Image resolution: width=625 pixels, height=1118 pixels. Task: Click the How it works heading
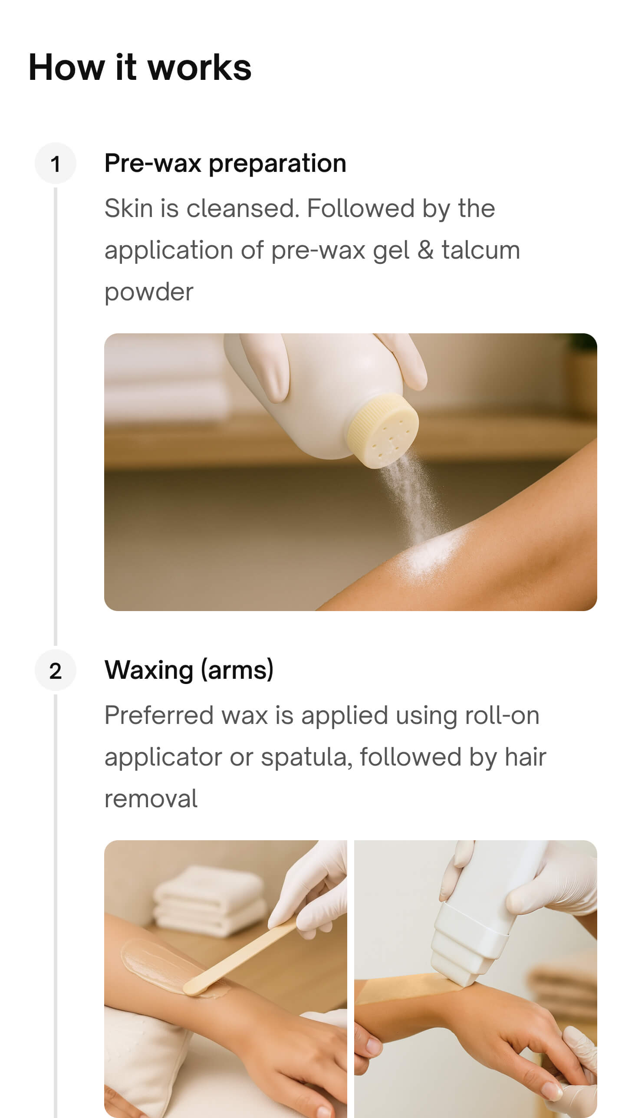(140, 68)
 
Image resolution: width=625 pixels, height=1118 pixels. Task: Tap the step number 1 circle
(55, 164)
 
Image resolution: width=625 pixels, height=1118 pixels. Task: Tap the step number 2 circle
(55, 671)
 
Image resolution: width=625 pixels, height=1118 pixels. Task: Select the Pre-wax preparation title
(225, 163)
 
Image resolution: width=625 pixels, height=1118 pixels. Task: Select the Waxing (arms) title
(189, 670)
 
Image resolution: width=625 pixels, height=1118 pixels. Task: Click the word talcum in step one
(480, 250)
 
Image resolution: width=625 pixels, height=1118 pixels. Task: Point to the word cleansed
(243, 209)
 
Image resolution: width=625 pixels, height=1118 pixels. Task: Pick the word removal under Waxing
(151, 799)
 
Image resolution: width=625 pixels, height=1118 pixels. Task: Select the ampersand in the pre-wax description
(425, 250)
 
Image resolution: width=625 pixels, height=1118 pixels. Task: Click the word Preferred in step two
(158, 716)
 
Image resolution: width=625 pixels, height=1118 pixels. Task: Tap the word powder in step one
(148, 292)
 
